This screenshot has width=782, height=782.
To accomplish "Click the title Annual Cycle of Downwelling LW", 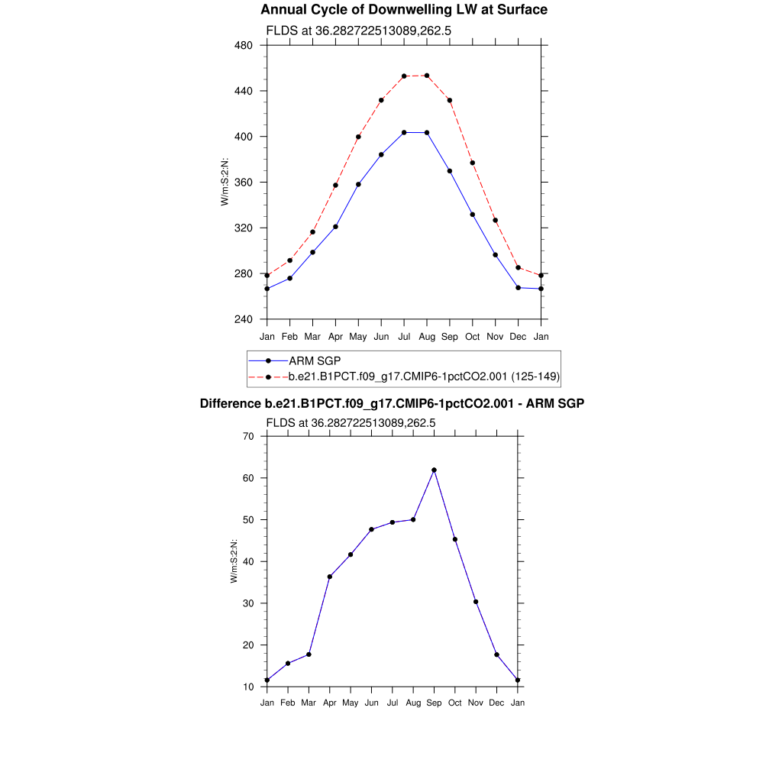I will pos(404,10).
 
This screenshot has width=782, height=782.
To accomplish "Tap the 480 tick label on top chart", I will pos(244,45).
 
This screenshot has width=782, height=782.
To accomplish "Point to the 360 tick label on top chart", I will pos(244,183).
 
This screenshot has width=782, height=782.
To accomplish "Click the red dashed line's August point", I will pos(427,76).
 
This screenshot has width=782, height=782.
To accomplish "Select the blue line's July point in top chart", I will pos(404,133).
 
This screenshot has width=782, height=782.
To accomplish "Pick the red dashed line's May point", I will pos(358,137).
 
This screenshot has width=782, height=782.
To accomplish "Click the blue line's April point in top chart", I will pos(335,227).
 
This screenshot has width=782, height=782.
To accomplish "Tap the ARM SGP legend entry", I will pos(315,360).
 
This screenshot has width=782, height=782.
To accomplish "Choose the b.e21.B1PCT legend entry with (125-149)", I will pos(424,376).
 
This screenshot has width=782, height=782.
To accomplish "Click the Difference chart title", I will pos(392,403).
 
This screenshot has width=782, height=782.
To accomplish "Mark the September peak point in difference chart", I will pos(434,470).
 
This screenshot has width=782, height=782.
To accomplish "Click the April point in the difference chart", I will pos(330,577).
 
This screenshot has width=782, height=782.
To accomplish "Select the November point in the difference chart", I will pos(476,602).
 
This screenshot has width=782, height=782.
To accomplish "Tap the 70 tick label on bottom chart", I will pos(248,436).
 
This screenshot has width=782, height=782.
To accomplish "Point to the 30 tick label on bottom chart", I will pos(248,603).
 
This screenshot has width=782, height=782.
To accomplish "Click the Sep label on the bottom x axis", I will pos(434,703).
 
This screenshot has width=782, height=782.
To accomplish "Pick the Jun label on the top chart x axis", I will pos(381,337).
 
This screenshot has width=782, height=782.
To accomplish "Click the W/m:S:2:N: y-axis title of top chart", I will pos(225,182).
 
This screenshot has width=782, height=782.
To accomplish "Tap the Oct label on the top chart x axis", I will pos(473,337).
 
